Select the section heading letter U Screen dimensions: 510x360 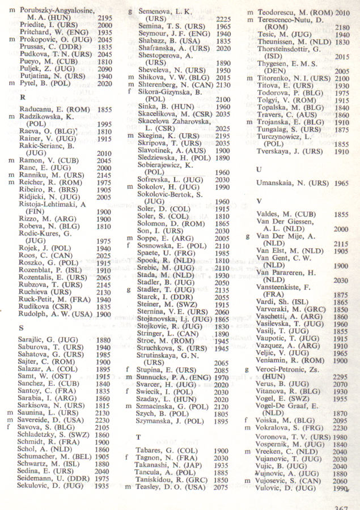(x=259, y=169)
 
